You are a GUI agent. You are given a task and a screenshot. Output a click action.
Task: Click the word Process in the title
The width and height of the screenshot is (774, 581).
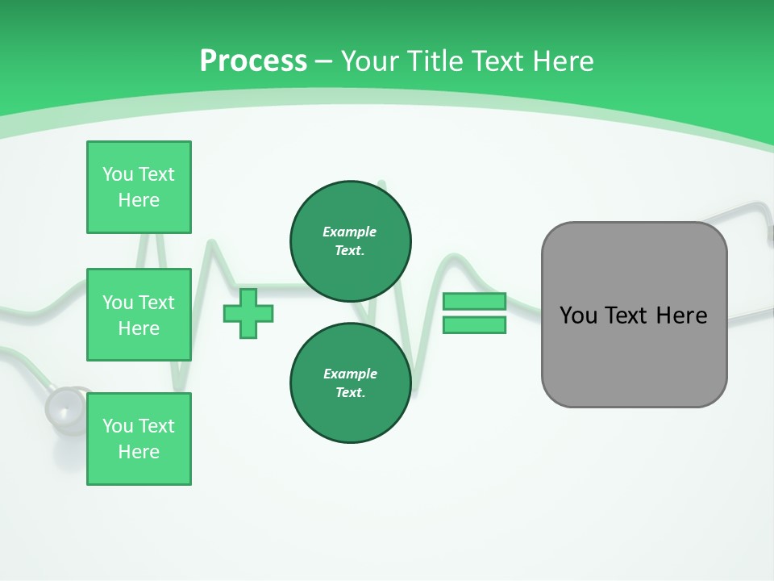[253, 61]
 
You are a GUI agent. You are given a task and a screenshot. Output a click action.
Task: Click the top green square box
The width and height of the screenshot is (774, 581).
[139, 187]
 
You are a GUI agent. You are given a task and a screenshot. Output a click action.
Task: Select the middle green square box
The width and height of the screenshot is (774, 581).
[139, 315]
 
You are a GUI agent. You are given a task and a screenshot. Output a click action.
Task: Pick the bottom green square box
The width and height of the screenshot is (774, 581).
[139, 439]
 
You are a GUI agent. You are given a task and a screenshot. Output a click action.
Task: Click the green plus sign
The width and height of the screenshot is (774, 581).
[248, 314]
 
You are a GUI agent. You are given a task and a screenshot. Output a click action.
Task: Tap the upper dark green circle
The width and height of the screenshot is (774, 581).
[350, 241]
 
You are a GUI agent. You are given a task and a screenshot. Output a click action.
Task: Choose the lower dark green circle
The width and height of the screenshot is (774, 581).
[350, 383]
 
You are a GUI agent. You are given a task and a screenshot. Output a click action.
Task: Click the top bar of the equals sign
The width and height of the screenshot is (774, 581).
[474, 301]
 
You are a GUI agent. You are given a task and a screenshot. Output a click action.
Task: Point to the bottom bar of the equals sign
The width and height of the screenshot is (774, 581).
[474, 325]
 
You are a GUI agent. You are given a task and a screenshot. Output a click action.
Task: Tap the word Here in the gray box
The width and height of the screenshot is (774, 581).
[681, 316]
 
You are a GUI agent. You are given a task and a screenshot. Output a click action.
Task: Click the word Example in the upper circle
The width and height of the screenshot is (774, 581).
[350, 232]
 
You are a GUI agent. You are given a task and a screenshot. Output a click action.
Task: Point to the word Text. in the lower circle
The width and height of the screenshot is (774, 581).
[350, 393]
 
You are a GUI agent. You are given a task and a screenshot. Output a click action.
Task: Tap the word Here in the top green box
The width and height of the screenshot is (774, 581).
[139, 200]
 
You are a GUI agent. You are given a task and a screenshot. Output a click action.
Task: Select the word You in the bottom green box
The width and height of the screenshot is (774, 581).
[118, 426]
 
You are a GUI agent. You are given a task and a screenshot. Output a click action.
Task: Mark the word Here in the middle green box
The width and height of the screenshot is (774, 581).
[139, 328]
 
